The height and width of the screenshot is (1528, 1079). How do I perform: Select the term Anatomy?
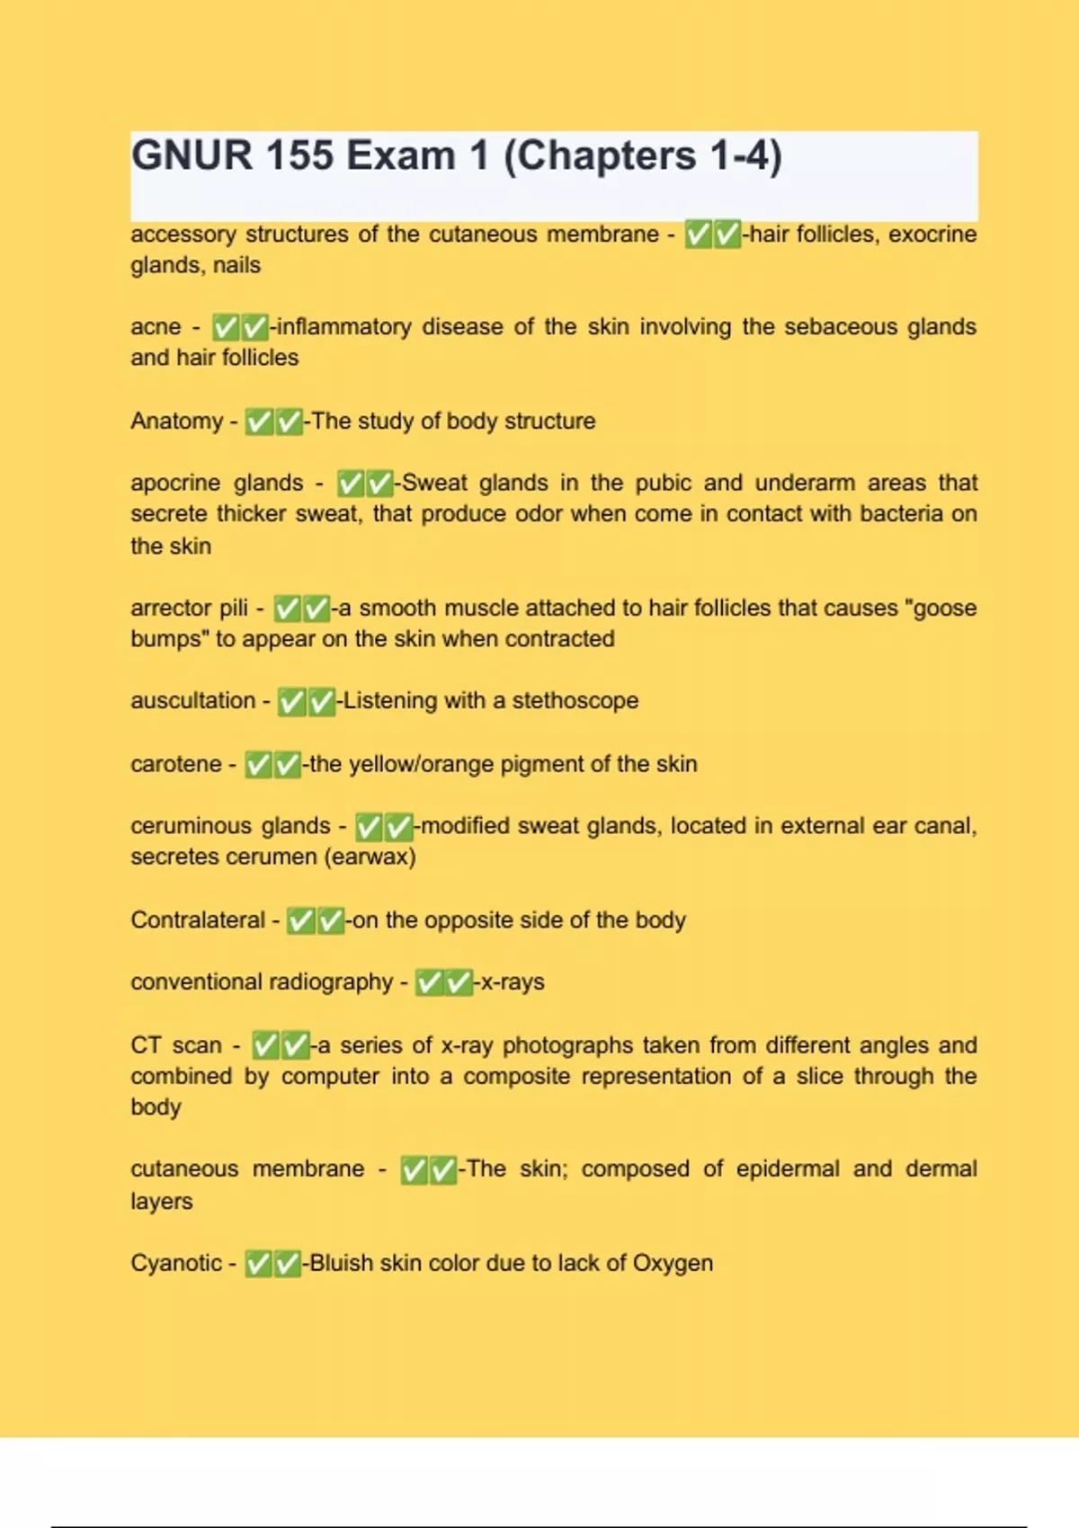click(176, 421)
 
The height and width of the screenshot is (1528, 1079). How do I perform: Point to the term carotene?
click(175, 764)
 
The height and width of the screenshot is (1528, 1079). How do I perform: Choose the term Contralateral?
click(198, 919)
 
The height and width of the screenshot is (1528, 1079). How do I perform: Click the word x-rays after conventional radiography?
click(513, 982)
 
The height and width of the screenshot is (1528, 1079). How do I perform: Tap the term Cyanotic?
click(176, 1263)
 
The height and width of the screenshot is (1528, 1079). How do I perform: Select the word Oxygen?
click(673, 1263)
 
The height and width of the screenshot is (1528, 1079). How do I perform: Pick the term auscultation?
click(192, 700)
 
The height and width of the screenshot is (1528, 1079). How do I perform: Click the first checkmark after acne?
click(226, 326)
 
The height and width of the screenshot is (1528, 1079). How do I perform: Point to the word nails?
click(236, 265)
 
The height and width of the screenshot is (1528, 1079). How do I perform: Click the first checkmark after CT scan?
click(265, 1045)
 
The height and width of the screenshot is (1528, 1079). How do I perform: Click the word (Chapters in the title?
click(599, 155)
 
